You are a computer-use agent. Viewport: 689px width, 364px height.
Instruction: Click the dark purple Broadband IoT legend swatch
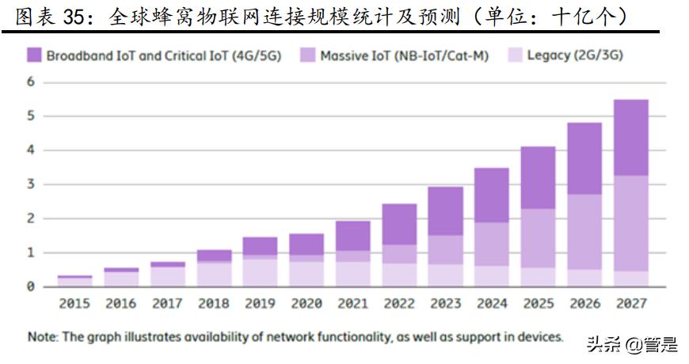click(33, 56)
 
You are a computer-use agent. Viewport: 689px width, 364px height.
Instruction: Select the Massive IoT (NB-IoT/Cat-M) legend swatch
click(307, 56)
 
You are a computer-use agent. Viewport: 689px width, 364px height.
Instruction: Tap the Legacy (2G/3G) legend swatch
click(515, 56)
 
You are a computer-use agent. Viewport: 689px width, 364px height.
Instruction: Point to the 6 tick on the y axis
click(31, 82)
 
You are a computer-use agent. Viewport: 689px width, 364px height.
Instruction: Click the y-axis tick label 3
click(31, 184)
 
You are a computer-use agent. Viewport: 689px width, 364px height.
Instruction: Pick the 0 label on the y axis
click(31, 286)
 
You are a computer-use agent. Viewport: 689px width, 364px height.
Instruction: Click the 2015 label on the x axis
click(74, 304)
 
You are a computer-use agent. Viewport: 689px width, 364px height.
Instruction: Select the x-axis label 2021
click(352, 304)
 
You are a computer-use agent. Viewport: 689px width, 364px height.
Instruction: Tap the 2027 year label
click(631, 304)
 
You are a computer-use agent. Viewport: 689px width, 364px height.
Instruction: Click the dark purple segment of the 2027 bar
click(631, 137)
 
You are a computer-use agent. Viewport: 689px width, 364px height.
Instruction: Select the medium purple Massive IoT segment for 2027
click(631, 223)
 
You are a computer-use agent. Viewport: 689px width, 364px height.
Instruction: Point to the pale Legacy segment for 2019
click(260, 272)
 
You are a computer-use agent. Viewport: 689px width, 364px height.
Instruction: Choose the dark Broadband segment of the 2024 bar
click(492, 195)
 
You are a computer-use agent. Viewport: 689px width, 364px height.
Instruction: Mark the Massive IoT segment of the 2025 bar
click(539, 238)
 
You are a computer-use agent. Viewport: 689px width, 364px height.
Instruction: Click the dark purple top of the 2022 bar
click(399, 224)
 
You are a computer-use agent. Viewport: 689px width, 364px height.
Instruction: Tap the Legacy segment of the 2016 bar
click(120, 278)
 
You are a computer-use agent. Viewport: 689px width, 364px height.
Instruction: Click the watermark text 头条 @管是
click(631, 344)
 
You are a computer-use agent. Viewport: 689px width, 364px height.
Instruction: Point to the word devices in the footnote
click(539, 337)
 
